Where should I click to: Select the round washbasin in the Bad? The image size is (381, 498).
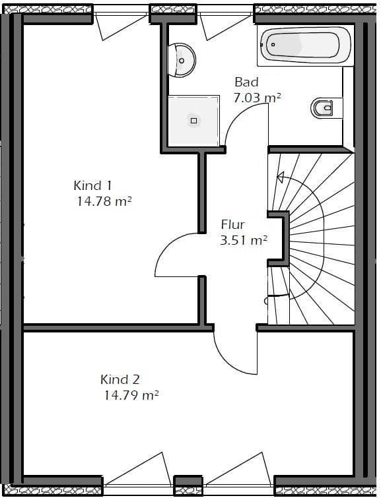click(182, 60)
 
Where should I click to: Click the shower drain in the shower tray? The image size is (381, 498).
click(193, 121)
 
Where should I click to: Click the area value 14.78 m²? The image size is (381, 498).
click(104, 202)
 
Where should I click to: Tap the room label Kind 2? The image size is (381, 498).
click(120, 379)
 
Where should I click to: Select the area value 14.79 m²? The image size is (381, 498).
click(131, 396)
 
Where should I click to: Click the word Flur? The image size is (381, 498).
click(232, 225)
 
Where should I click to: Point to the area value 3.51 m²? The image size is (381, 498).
click(243, 241)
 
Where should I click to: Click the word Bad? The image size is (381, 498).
click(246, 82)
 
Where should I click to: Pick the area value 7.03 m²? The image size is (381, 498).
click(257, 98)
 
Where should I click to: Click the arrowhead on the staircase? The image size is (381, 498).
click(280, 177)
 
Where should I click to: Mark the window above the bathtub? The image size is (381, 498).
click(304, 9)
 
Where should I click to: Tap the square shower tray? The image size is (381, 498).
click(193, 121)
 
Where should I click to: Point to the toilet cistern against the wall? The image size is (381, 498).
click(337, 108)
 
